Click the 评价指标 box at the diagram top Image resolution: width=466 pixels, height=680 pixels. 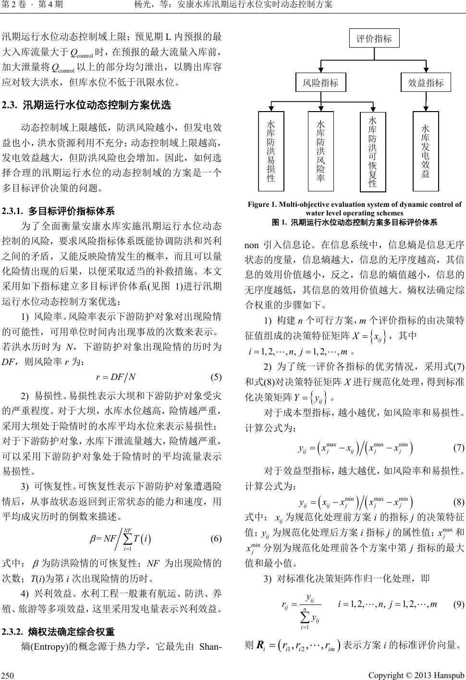point(373,39)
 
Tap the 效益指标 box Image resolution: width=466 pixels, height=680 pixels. point(426,83)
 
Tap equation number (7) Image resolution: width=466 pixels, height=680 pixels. point(458,448)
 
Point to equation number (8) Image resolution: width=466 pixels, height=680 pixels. point(458,502)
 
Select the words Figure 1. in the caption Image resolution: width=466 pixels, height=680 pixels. point(261,205)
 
